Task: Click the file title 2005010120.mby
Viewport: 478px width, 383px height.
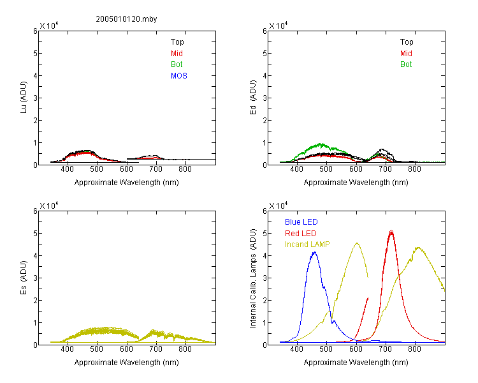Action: (x=126, y=19)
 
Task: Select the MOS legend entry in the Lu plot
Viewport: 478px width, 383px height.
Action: (x=179, y=76)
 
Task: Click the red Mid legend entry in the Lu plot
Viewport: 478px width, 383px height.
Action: (x=177, y=54)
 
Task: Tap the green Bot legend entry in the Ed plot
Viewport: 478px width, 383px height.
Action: (x=406, y=64)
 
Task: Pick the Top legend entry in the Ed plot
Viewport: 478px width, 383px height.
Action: (x=407, y=42)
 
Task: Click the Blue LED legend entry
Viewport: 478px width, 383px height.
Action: (x=301, y=222)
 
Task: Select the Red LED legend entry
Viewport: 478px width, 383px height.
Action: (x=301, y=234)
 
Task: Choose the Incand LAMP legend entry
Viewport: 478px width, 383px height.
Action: (x=307, y=244)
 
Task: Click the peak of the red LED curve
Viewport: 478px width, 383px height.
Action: (x=391, y=231)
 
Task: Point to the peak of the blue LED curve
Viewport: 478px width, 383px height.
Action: (x=315, y=252)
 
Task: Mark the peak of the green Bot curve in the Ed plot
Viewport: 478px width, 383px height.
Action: (x=321, y=144)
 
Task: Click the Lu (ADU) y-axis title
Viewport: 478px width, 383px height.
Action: (x=24, y=98)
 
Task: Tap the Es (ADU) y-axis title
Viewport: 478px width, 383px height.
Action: (x=24, y=278)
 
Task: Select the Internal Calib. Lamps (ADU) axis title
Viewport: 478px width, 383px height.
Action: (x=253, y=278)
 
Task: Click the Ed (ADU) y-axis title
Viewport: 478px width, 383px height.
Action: (x=253, y=98)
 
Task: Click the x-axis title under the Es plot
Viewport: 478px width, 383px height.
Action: (x=127, y=363)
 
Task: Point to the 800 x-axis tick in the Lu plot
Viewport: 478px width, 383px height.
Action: (x=185, y=169)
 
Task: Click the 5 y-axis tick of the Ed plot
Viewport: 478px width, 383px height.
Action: (x=265, y=54)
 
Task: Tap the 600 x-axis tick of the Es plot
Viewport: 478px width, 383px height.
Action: (x=126, y=349)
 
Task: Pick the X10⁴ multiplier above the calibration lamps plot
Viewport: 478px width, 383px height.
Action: (x=279, y=206)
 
